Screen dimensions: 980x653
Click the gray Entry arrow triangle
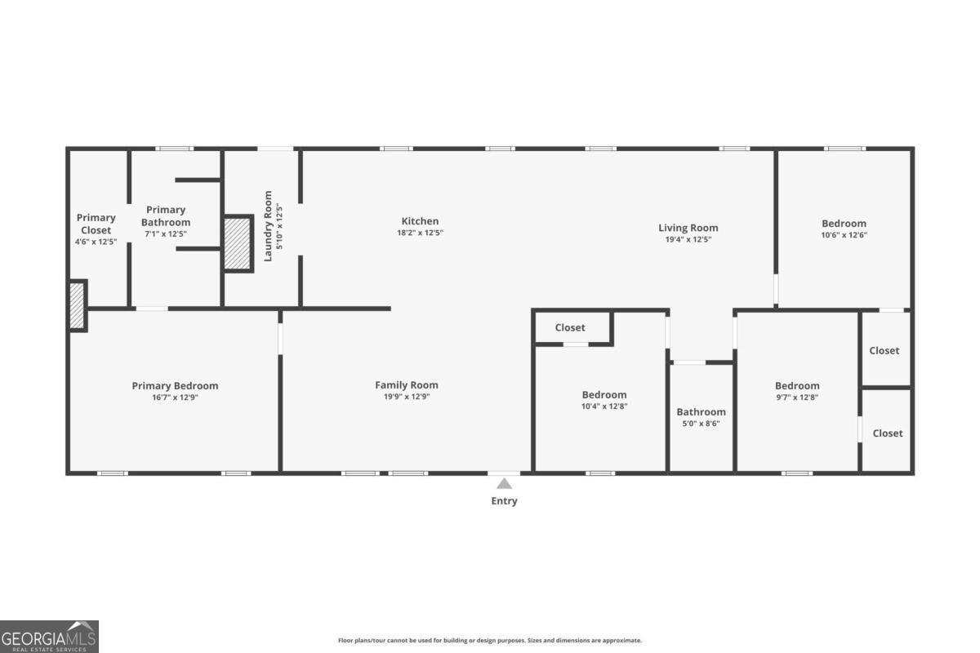pos(504,484)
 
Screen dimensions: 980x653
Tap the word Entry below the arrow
pos(504,501)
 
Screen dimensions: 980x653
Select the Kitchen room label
pos(420,221)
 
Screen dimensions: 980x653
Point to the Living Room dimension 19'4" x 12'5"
pos(688,239)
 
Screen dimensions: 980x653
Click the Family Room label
pos(407,385)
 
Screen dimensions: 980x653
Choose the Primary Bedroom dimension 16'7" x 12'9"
pos(175,398)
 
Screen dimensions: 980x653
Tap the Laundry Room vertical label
pos(268,226)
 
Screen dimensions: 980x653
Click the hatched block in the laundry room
pos(238,243)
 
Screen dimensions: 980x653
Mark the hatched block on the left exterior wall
pos(77,306)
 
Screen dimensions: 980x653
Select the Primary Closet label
pos(96,224)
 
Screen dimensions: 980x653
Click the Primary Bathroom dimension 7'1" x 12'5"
pos(166,233)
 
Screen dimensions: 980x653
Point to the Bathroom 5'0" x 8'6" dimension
pos(701,424)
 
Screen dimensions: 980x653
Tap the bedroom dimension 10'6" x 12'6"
pos(844,235)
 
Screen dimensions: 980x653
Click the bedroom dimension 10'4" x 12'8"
pos(604,406)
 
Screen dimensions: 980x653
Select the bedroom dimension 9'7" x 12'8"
pos(797,398)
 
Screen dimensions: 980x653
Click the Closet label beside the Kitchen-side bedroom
pos(570,327)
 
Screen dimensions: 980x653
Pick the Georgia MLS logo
pos(49,637)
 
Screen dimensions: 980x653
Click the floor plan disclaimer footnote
pos(489,640)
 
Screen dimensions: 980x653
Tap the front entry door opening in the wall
pos(504,473)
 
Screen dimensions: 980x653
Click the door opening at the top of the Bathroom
pos(689,362)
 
